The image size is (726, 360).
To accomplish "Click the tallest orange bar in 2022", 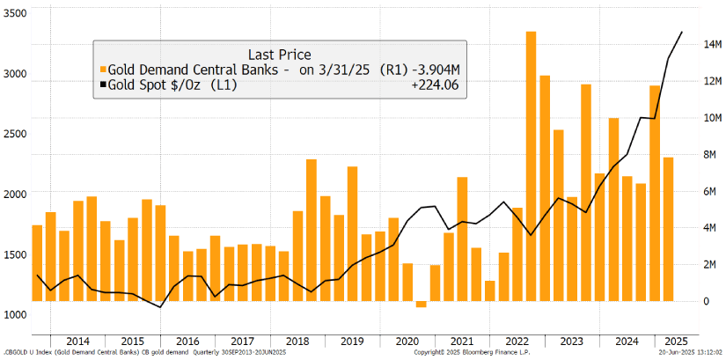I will click(x=532, y=167).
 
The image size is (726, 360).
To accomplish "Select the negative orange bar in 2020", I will click(x=421, y=305).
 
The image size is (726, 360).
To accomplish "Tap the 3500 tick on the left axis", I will click(x=14, y=14).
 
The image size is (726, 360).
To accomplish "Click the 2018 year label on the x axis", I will click(x=297, y=341).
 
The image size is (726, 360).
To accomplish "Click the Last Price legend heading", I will click(x=280, y=54).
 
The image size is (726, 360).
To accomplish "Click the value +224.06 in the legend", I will click(x=435, y=84).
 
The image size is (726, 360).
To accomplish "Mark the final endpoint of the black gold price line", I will click(x=682, y=33).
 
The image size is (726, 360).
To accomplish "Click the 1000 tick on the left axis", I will click(x=14, y=314).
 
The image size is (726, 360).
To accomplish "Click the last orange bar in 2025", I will click(x=668, y=229).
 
